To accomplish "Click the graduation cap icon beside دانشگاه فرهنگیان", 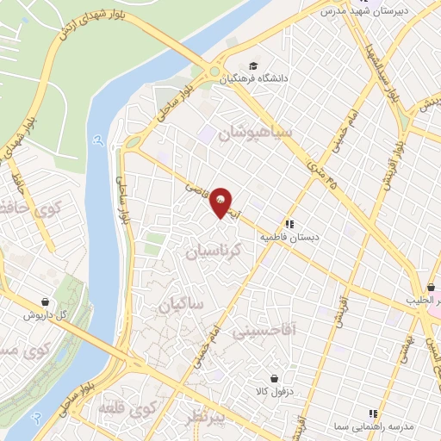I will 252,65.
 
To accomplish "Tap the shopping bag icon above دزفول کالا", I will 274,377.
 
